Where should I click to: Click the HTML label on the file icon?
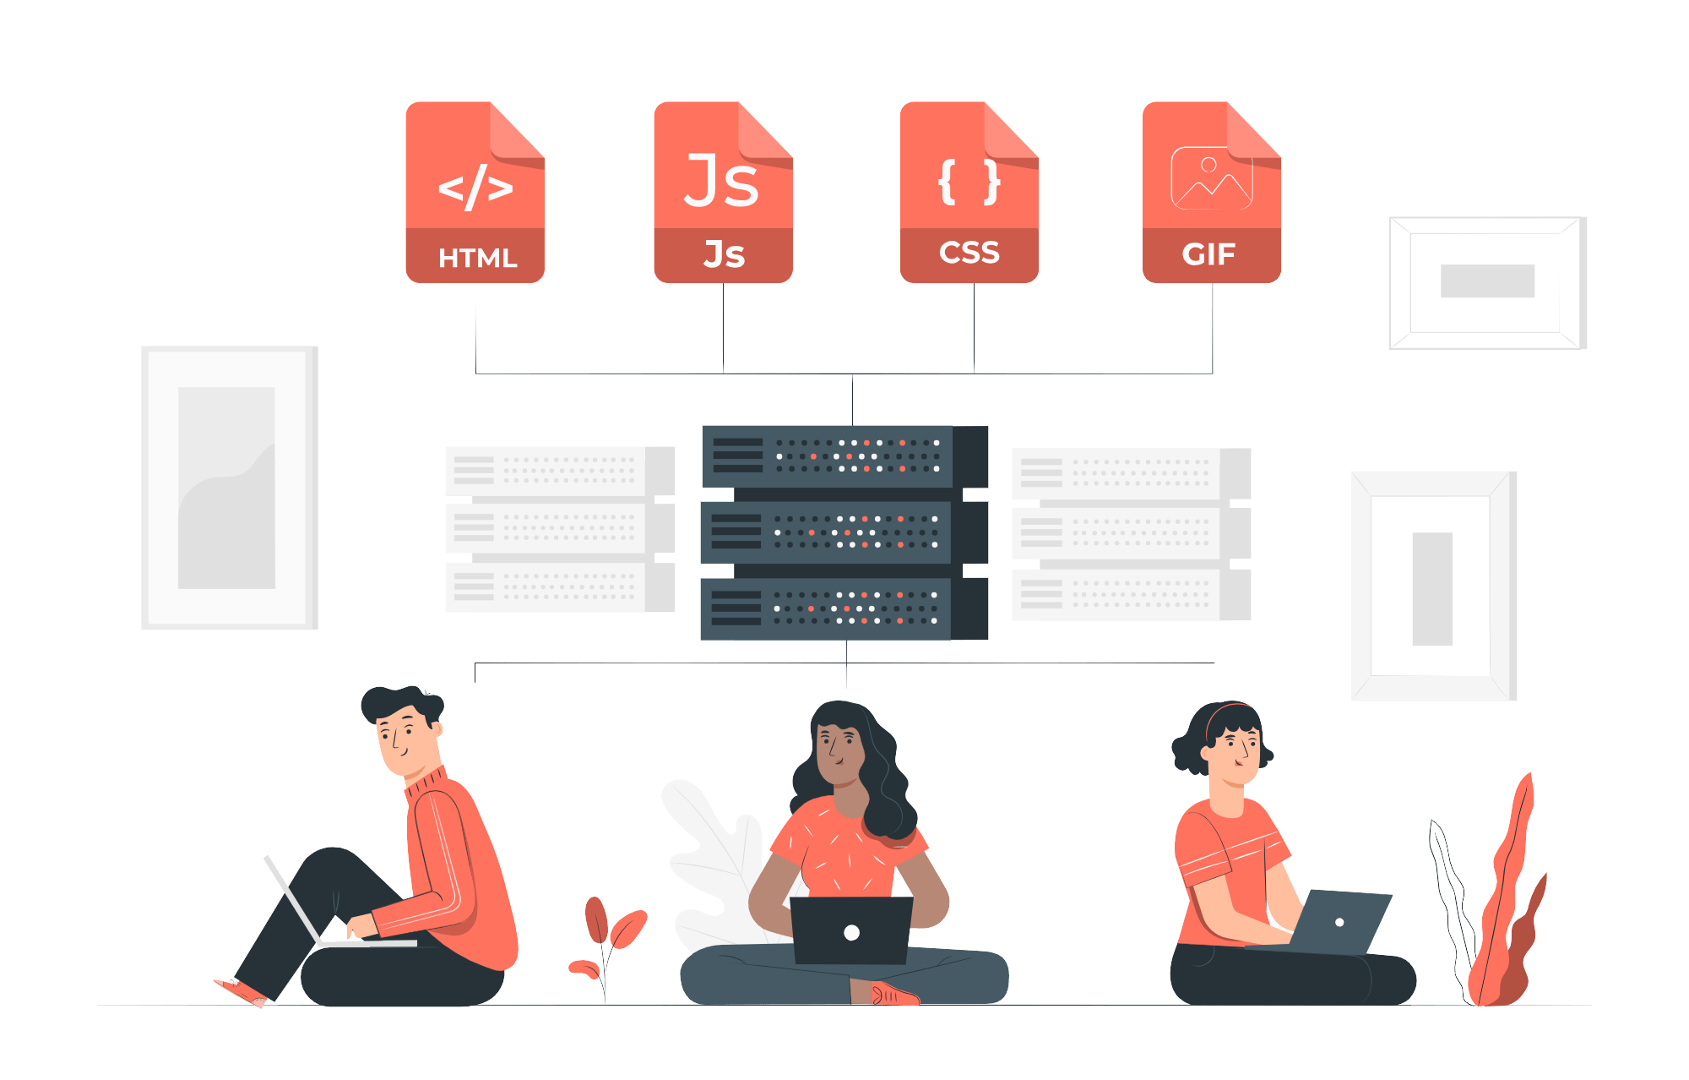[x=477, y=258]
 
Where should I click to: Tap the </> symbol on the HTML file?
[x=475, y=187]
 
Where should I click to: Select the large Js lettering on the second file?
[x=721, y=181]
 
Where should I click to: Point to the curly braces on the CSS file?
[x=969, y=182]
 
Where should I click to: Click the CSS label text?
[x=969, y=253]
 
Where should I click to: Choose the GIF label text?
[x=1208, y=254]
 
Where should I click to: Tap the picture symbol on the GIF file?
[x=1211, y=178]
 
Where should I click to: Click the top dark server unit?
[x=828, y=456]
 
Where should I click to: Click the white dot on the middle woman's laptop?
[x=851, y=933]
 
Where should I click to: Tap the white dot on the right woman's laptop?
[x=1339, y=922]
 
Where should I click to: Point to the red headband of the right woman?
[x=1225, y=710]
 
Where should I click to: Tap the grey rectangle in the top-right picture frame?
[x=1487, y=281]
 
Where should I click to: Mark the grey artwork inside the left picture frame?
[x=226, y=488]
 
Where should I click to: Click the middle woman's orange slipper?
[x=893, y=995]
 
